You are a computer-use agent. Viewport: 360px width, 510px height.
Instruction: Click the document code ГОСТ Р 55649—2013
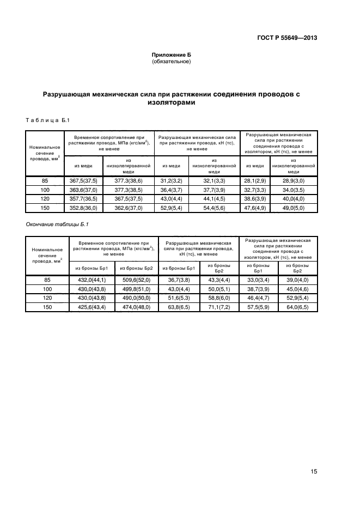tap(287, 38)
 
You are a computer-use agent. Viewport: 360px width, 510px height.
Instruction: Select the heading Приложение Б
tap(171, 55)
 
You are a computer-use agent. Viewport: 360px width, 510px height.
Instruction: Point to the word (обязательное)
tap(171, 62)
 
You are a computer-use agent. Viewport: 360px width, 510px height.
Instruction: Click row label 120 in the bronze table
tap(47, 298)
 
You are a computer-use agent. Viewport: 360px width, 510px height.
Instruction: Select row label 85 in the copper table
tap(45, 180)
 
